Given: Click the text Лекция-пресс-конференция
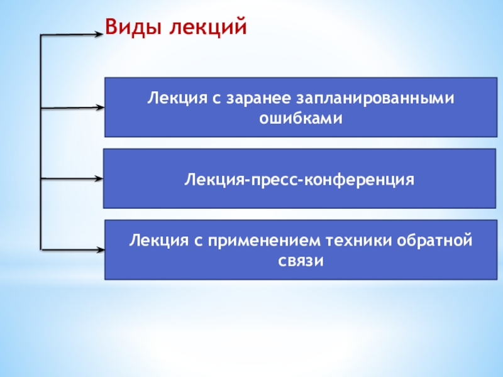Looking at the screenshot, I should pyautogui.click(x=299, y=180).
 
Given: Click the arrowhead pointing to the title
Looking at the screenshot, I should pyautogui.click(x=98, y=35).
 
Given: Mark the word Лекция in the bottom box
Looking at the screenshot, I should pyautogui.click(x=155, y=241).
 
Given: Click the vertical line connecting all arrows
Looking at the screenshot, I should pyautogui.click(x=40, y=145).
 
